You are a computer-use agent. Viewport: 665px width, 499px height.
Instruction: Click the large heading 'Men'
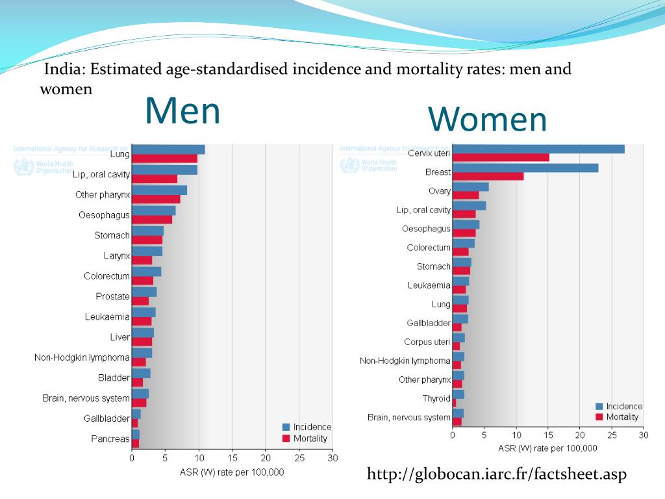tap(182, 110)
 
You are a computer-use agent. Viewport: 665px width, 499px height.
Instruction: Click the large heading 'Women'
tap(487, 120)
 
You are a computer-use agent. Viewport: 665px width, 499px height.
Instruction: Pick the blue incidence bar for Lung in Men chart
tap(168, 149)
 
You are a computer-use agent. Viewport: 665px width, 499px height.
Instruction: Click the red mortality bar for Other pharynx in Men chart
tap(156, 199)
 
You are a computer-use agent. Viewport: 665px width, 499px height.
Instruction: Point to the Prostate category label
tap(112, 296)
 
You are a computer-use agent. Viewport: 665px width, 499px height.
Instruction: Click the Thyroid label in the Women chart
tap(436, 398)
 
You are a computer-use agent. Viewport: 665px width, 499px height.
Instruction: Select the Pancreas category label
tap(110, 439)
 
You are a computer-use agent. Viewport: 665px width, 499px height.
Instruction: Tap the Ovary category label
tap(439, 191)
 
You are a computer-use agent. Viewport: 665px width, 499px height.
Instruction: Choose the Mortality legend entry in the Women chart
tap(621, 416)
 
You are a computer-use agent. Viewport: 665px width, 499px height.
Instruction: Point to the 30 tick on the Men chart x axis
tap(332, 458)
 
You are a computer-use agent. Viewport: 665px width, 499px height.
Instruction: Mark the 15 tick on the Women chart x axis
tap(548, 435)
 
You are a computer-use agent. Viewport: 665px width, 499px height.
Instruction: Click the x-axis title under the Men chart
tap(232, 472)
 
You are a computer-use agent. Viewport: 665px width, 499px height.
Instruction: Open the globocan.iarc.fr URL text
tap(497, 475)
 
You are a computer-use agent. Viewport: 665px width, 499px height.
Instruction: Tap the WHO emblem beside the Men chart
tap(23, 167)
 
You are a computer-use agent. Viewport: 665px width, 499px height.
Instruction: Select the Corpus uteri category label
tap(427, 342)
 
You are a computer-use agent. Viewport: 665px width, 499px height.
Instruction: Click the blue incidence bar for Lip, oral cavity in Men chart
tap(164, 170)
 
